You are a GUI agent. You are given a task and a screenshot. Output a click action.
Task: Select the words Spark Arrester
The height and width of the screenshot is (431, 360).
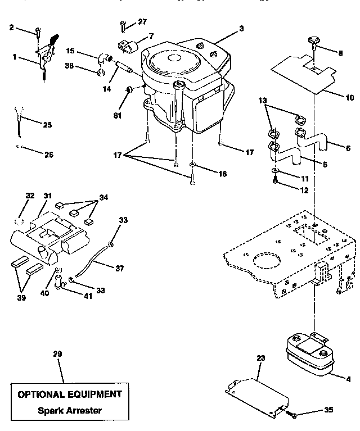coord(70,410)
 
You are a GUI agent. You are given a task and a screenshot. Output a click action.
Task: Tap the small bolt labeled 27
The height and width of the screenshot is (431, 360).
coord(123,25)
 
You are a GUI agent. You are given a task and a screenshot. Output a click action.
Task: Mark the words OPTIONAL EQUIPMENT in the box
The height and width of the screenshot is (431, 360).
coord(70,394)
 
